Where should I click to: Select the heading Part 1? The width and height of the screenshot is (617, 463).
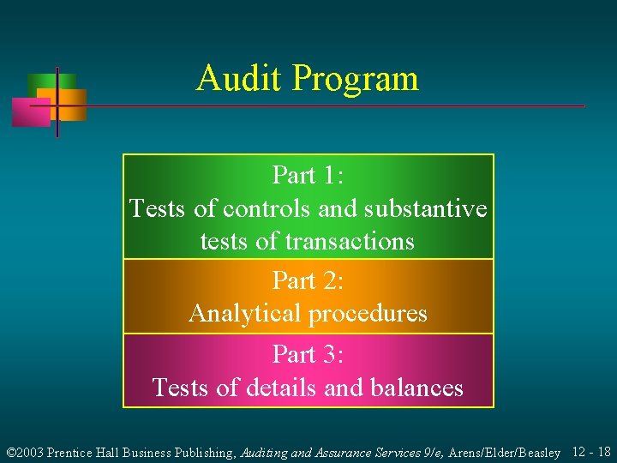point(308,175)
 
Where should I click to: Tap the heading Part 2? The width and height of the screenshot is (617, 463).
point(308,280)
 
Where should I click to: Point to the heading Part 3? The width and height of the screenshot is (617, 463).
point(308,354)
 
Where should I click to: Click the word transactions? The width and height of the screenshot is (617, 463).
point(350,242)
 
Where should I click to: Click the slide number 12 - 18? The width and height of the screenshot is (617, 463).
point(591,452)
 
